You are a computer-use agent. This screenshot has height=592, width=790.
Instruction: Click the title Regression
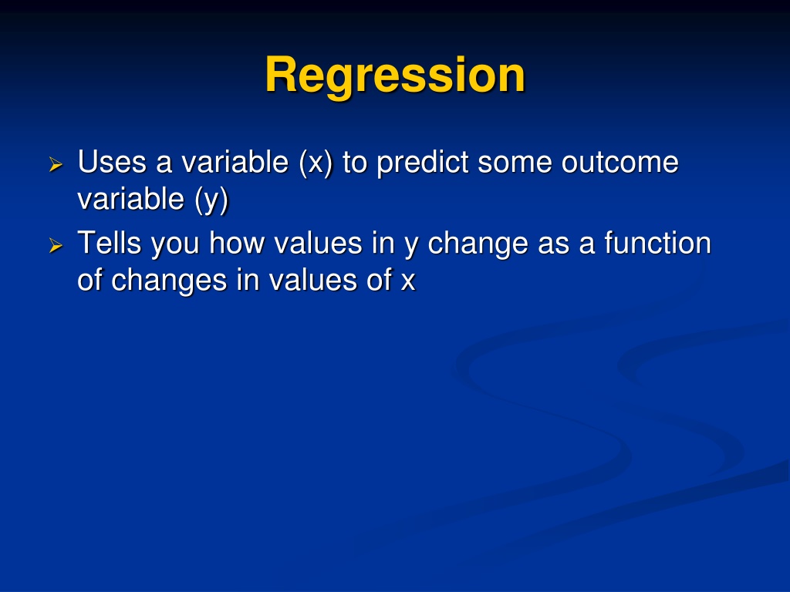click(x=395, y=76)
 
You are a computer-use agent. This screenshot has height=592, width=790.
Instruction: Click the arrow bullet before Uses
click(x=56, y=165)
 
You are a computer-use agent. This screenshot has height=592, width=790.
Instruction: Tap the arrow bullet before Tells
click(x=56, y=246)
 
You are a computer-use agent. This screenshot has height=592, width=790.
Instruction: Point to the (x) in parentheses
click(x=316, y=163)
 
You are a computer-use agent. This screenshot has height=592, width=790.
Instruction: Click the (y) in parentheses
click(x=211, y=200)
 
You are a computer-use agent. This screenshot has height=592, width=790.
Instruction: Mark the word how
click(x=237, y=243)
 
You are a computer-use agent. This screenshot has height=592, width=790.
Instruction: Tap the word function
click(x=657, y=243)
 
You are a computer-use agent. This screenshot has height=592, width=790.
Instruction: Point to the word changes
click(x=169, y=281)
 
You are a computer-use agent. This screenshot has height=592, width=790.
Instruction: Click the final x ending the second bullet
click(x=408, y=282)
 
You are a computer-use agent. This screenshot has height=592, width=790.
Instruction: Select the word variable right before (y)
click(x=131, y=199)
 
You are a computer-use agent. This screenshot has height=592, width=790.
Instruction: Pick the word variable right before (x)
click(x=235, y=162)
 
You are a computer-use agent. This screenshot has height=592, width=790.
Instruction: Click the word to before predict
click(x=355, y=163)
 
